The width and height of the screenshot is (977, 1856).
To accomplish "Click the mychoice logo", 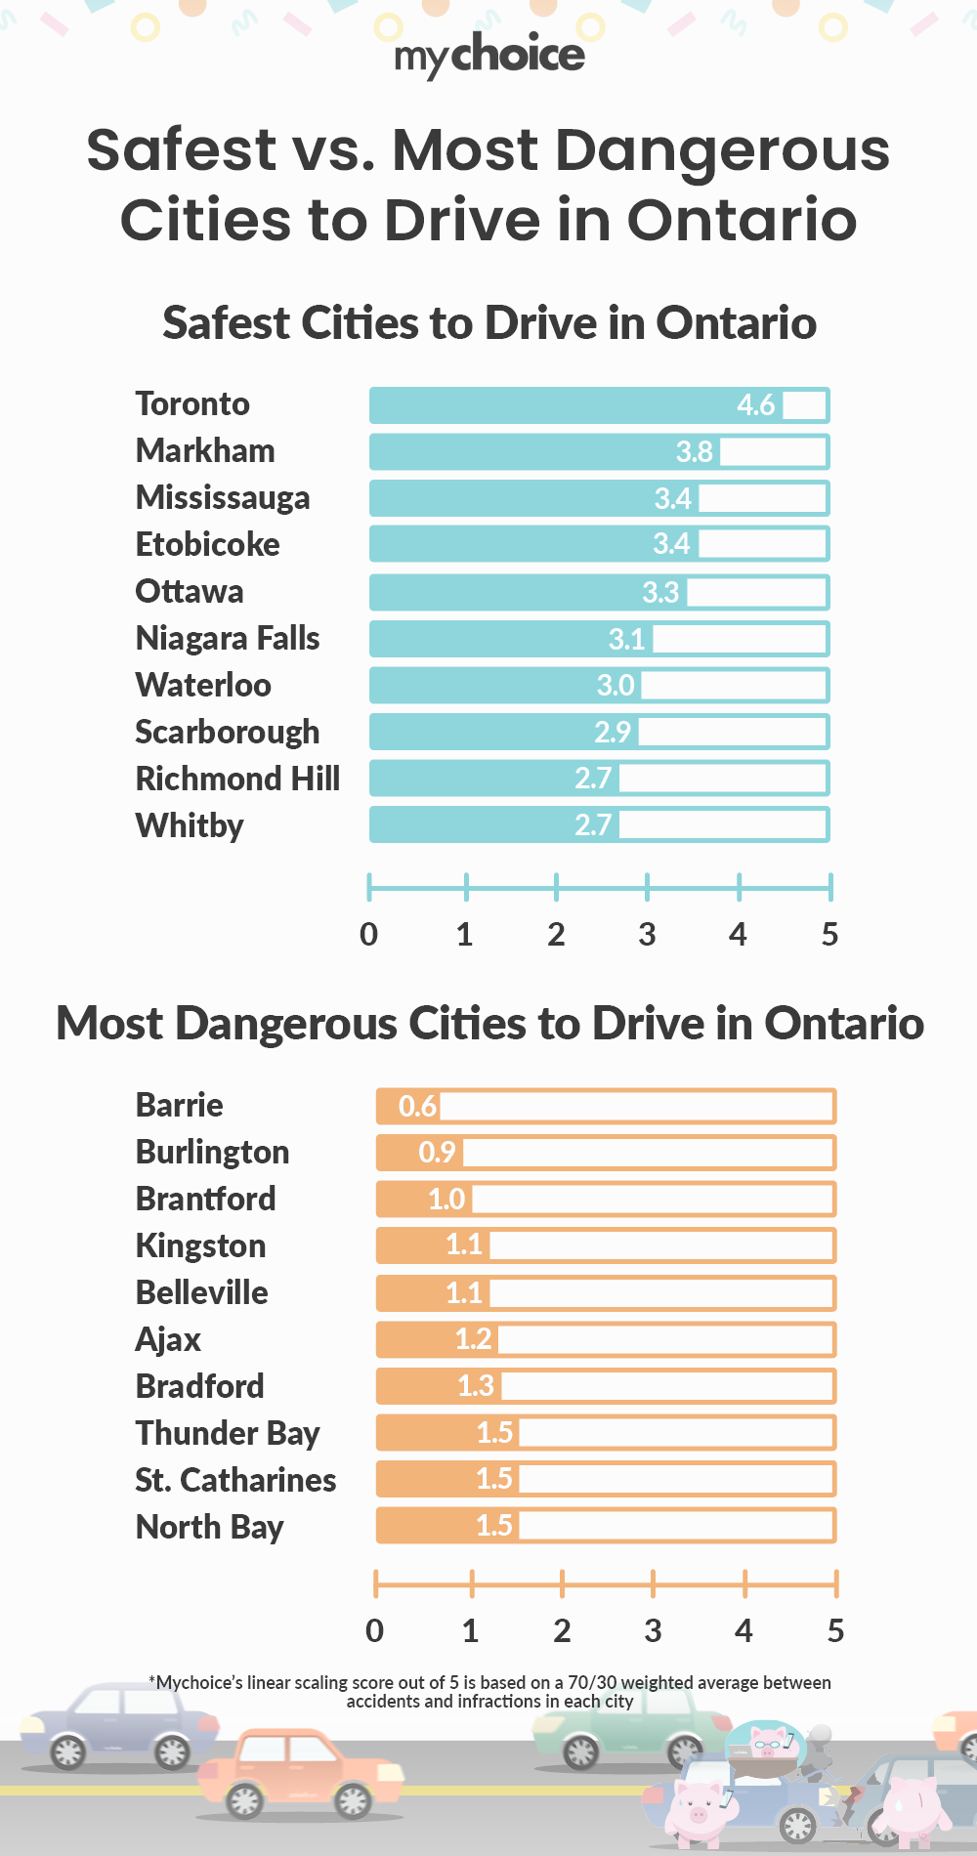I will (x=488, y=55).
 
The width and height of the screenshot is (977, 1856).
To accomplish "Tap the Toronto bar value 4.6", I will (x=755, y=404).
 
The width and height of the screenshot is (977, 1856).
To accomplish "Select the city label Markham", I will (x=205, y=451).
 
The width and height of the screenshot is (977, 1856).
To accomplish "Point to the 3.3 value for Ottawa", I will (x=660, y=592).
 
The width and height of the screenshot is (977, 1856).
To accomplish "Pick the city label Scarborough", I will (x=228, y=733).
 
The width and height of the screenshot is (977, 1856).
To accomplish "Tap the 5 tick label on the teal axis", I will (x=829, y=935).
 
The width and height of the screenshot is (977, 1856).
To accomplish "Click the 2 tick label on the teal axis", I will (x=556, y=935).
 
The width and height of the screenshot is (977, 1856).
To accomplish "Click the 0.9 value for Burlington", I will (x=437, y=1153).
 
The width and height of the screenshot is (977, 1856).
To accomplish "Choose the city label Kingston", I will (x=200, y=1246).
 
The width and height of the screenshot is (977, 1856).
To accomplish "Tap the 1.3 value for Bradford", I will (x=476, y=1386).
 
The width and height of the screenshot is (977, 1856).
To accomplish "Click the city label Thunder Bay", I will (x=228, y=1434).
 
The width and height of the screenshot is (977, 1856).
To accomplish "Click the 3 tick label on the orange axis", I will (x=653, y=1630).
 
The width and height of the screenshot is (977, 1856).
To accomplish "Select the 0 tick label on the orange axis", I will (x=374, y=1630).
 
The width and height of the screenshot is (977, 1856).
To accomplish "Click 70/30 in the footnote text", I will (x=592, y=1682).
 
